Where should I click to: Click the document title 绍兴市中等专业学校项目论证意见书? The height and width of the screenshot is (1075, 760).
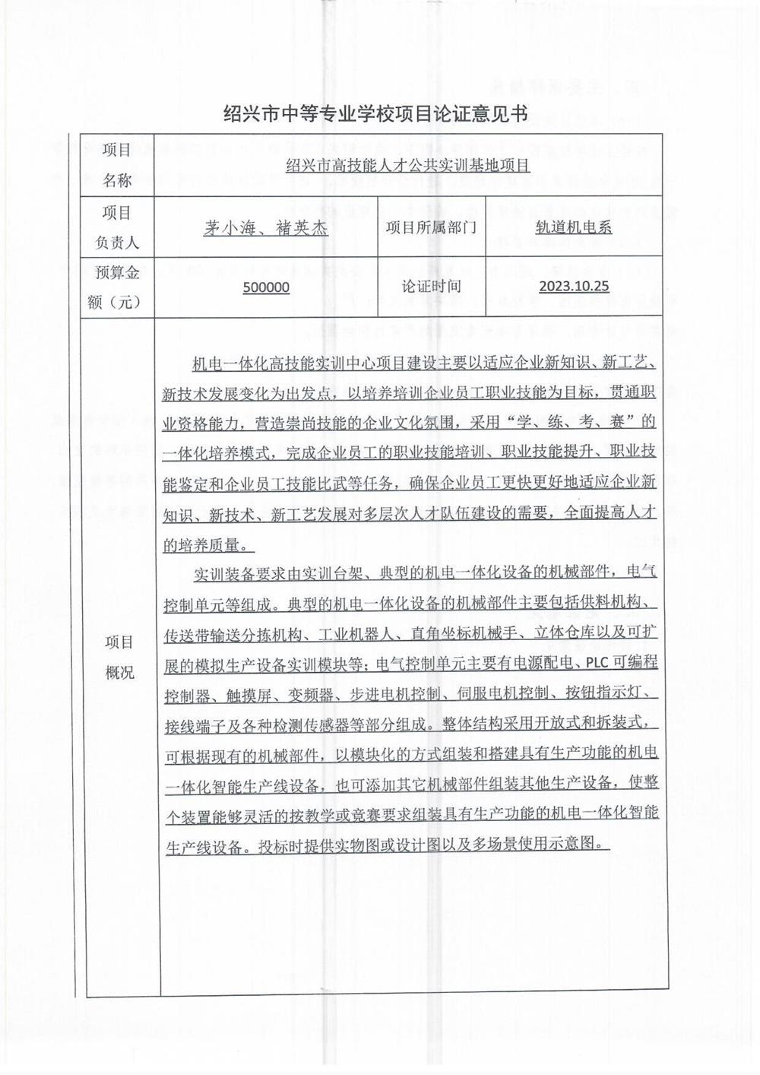tap(375, 115)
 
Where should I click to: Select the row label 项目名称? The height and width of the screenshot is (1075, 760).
tap(118, 165)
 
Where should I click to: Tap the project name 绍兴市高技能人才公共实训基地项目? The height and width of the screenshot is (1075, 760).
tap(407, 165)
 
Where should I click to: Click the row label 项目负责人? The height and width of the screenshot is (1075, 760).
tap(118, 227)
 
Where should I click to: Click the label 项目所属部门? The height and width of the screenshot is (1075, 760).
tap(431, 227)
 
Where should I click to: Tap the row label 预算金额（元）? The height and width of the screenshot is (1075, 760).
tap(118, 287)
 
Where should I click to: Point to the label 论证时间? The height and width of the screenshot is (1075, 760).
tap(431, 287)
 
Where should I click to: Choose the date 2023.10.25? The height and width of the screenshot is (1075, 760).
tap(574, 287)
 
